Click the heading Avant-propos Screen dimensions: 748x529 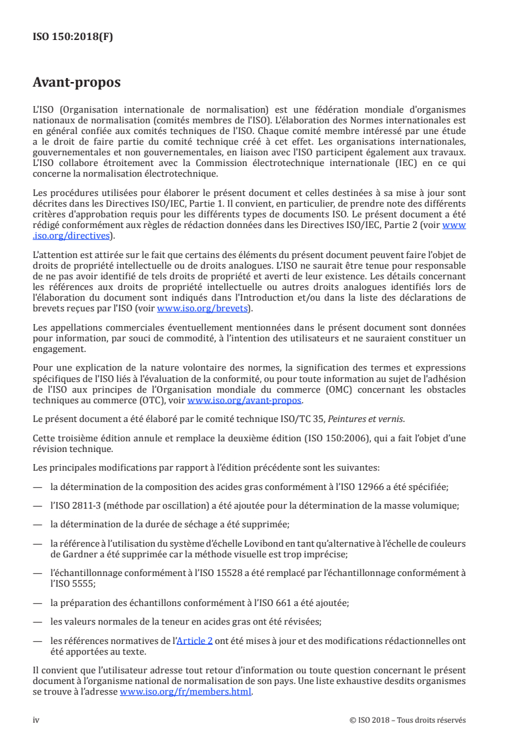click(x=77, y=83)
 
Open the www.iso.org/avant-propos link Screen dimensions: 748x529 click(x=245, y=400)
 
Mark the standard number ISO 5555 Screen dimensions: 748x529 click(x=72, y=581)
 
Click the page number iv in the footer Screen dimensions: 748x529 click(x=37, y=719)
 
